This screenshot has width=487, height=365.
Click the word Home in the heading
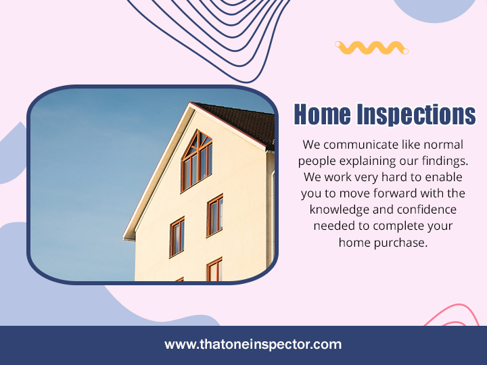[x=322, y=114]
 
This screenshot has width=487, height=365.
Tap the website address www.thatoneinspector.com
[x=253, y=345]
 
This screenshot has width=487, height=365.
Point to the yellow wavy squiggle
[x=371, y=48]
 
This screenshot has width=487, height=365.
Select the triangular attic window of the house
[x=197, y=160]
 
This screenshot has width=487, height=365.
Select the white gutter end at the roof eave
[x=129, y=238]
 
